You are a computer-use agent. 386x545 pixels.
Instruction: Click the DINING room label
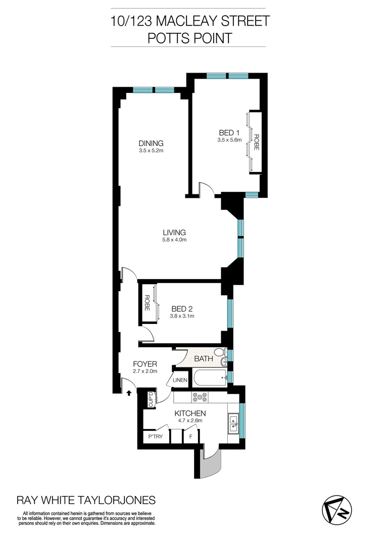151,143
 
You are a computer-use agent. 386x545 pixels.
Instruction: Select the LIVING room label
174,233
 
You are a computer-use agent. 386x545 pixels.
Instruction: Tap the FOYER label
145,363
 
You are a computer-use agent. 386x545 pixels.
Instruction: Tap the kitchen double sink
233,423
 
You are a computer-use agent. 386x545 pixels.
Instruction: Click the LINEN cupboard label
180,380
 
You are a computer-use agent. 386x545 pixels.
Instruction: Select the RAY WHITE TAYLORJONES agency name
86,500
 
